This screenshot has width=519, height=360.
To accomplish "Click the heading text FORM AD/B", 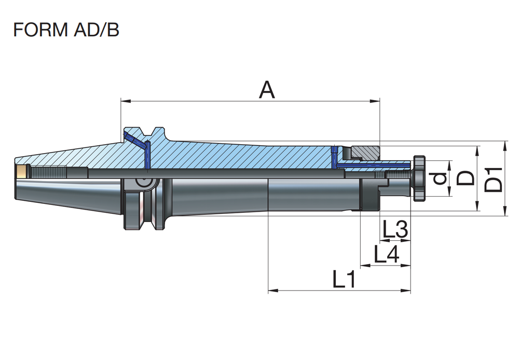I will [66, 30].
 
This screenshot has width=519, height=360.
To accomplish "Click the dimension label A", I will [267, 90].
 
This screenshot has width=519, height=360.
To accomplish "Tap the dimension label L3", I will [395, 230].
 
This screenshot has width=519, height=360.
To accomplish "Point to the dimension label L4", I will [386, 254].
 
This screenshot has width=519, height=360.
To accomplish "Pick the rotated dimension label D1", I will [494, 178].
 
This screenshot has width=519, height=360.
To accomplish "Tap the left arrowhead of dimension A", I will [124, 101].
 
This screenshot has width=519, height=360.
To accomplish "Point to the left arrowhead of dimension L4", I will [364, 266].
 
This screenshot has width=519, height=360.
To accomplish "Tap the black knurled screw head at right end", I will [419, 178].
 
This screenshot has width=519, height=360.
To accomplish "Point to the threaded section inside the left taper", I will [49, 172].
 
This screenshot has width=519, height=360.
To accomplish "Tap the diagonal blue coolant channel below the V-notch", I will [135, 139].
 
